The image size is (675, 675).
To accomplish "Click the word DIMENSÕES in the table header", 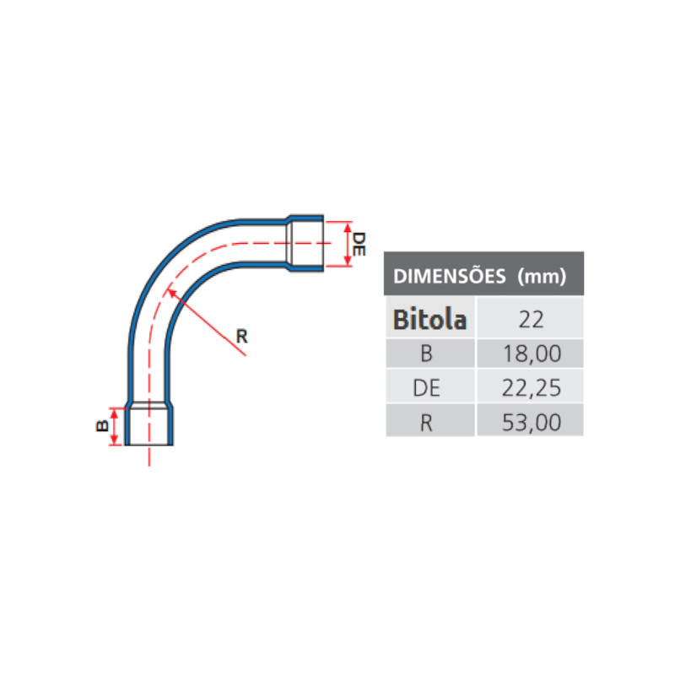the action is [450, 276].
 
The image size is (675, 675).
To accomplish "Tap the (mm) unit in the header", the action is [542, 276].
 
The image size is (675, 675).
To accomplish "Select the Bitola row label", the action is [429, 320].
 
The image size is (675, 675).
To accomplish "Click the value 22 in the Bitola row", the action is [532, 320].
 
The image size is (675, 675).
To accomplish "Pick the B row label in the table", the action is [426, 354].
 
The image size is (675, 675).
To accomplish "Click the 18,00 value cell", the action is [532, 354].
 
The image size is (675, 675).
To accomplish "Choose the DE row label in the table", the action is [426, 388].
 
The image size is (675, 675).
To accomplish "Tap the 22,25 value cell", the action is [532, 388].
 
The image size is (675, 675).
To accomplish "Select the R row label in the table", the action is [426, 423].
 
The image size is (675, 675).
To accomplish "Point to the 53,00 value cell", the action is [532, 423].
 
